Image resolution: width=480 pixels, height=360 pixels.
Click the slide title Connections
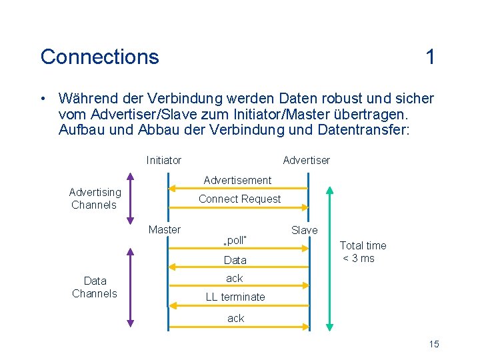[99, 57]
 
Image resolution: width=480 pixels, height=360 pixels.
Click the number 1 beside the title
[431, 57]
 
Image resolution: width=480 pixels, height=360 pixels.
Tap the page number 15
[434, 344]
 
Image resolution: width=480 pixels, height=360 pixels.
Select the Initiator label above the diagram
[163, 160]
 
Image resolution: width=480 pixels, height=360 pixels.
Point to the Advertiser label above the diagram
[306, 160]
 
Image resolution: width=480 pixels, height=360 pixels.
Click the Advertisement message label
[237, 180]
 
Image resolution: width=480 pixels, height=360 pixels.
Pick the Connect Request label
[239, 199]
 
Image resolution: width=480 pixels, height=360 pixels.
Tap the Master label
[164, 229]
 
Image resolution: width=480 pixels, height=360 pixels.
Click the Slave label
[305, 230]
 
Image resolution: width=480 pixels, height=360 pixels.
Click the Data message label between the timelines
[235, 260]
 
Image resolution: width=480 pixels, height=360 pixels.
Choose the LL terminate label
[235, 297]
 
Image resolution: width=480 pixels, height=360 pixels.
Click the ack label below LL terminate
[235, 318]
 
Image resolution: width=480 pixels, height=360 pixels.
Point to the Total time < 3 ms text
[363, 252]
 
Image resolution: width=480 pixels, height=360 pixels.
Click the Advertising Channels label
[95, 199]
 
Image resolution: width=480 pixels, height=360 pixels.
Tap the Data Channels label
[95, 287]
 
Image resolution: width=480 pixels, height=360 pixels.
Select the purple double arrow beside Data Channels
[131, 287]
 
